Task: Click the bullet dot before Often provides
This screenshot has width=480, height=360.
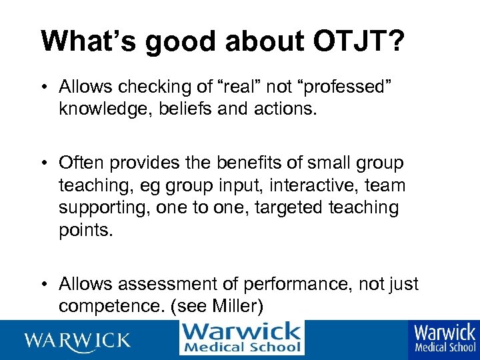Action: pyautogui.click(x=43, y=163)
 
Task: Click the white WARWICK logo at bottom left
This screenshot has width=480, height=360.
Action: pyautogui.click(x=77, y=340)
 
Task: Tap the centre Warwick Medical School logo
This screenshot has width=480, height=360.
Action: pyautogui.click(x=241, y=338)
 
